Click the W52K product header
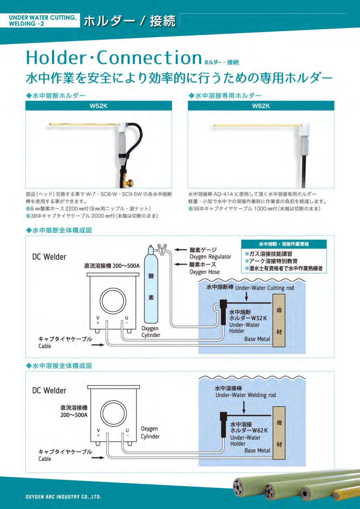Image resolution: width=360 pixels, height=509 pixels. point(98,106)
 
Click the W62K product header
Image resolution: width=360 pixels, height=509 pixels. point(261,106)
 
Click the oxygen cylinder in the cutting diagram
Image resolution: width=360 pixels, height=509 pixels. point(151,285)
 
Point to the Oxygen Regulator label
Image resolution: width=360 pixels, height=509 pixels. point(210,257)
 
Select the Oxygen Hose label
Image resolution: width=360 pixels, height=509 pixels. point(205,272)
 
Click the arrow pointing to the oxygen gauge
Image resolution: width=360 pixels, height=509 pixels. point(180,250)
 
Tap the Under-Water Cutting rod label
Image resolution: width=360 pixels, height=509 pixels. point(264,288)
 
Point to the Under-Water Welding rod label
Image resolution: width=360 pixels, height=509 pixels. point(246,395)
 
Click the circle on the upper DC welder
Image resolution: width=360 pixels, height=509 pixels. point(113,301)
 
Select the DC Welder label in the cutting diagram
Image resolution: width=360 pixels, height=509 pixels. point(49,257)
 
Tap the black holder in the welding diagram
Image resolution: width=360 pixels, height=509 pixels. point(224,425)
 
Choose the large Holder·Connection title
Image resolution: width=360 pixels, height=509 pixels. point(114,58)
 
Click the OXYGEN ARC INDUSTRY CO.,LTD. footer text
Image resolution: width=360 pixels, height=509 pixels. point(63,497)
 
